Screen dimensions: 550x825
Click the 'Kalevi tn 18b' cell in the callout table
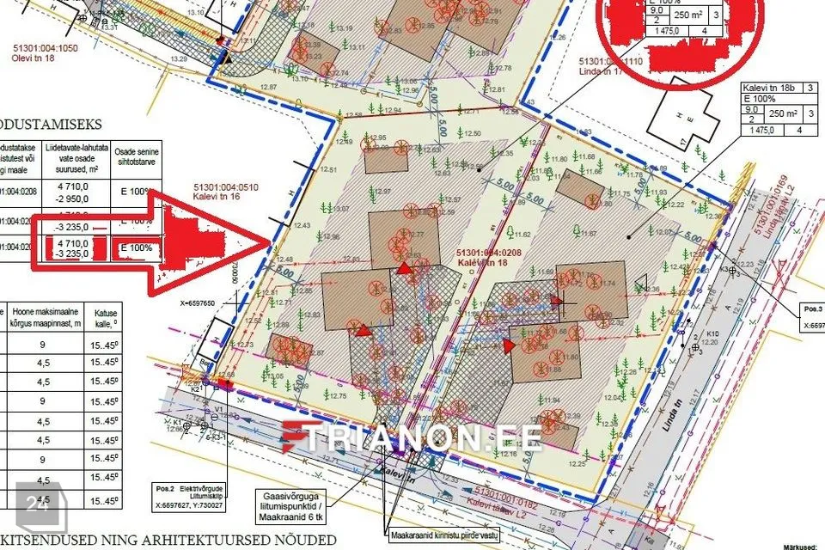coord(770,88)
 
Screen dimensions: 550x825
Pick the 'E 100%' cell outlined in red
coord(136,249)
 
